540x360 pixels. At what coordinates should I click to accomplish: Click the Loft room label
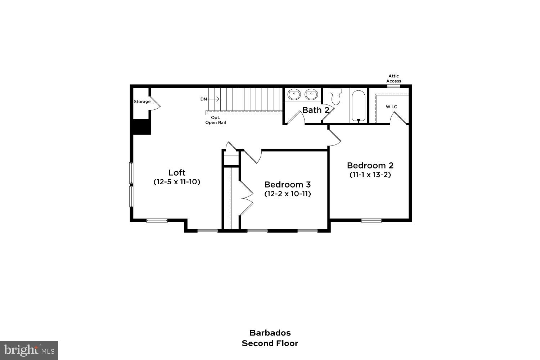[177, 172]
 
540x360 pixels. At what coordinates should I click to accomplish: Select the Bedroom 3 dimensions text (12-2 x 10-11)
[287, 194]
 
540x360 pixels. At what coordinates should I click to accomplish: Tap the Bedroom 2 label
[370, 165]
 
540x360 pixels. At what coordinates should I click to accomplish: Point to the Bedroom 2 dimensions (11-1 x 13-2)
[370, 175]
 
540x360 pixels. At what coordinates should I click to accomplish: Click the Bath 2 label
[316, 110]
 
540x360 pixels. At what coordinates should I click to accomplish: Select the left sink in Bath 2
[295, 95]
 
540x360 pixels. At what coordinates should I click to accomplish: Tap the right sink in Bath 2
[311, 95]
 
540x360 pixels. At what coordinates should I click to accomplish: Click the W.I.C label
[391, 107]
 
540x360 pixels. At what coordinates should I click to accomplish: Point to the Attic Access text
[393, 78]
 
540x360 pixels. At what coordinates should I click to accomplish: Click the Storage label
[142, 102]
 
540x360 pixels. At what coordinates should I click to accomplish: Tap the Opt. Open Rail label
[216, 120]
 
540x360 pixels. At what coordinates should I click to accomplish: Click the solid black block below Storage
[141, 127]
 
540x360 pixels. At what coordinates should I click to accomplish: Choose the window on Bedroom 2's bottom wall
[372, 220]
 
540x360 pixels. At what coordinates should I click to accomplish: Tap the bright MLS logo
[29, 350]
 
